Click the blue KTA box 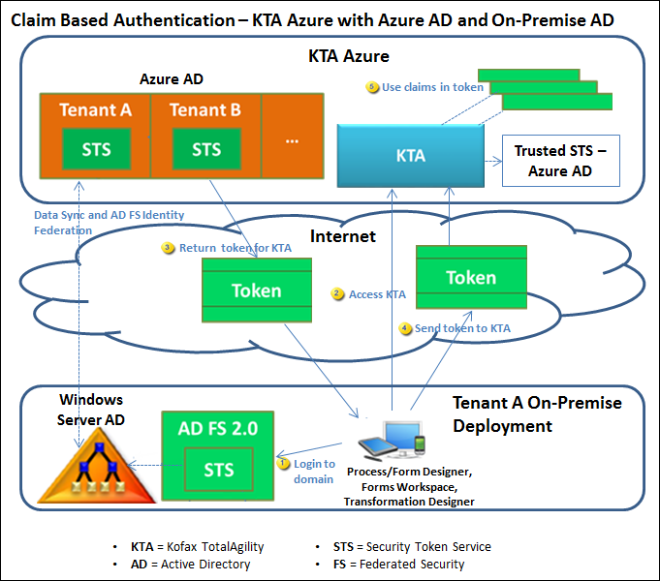click(410, 155)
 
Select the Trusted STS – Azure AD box click(560, 161)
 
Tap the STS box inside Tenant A click(96, 149)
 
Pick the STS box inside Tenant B click(205, 149)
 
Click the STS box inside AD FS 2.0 click(219, 471)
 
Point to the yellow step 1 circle click(283, 463)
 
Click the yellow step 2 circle click(337, 293)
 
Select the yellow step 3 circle click(168, 248)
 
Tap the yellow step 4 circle click(405, 328)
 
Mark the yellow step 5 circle click(372, 87)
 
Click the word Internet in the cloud click(342, 236)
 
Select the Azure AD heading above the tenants click(171, 78)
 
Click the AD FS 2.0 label click(219, 427)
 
